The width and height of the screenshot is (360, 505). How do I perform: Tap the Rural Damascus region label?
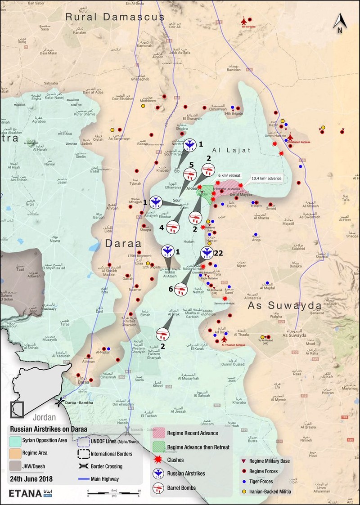(x=115, y=17)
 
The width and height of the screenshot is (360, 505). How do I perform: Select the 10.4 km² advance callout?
(x=266, y=179)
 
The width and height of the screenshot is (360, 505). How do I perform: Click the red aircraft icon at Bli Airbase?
(x=244, y=20)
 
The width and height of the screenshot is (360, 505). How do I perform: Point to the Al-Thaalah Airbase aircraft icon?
(x=224, y=339)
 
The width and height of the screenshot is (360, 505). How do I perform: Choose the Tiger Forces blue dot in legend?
(x=243, y=481)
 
